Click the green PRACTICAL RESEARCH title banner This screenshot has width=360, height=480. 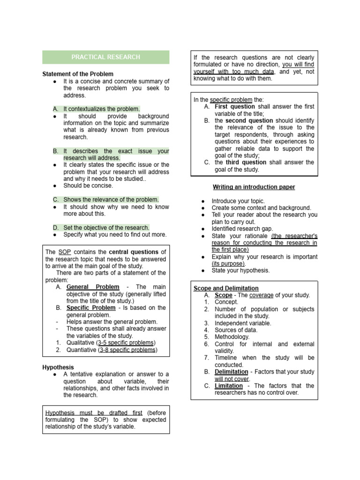click(x=105, y=57)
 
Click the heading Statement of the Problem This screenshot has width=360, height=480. click(x=78, y=74)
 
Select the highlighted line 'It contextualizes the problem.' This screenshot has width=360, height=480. click(x=101, y=109)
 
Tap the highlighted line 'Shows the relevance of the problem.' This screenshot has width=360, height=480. click(x=111, y=199)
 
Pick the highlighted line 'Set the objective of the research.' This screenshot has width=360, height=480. click(x=106, y=227)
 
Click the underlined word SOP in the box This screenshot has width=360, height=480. click(x=65, y=252)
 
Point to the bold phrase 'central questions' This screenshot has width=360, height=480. click(x=133, y=252)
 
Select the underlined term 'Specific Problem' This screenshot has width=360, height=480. click(x=91, y=308)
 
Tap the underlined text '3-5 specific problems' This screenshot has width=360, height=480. click(x=126, y=343)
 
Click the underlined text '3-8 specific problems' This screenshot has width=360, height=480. click(x=128, y=350)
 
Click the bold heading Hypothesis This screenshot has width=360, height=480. click(x=58, y=367)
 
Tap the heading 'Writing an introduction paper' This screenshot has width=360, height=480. click(x=254, y=187)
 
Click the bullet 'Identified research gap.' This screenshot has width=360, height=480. click(x=242, y=229)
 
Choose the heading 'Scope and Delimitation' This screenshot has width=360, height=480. click(x=226, y=288)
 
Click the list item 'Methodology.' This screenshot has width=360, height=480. click(x=232, y=337)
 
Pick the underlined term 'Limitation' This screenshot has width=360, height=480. click(x=229, y=386)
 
